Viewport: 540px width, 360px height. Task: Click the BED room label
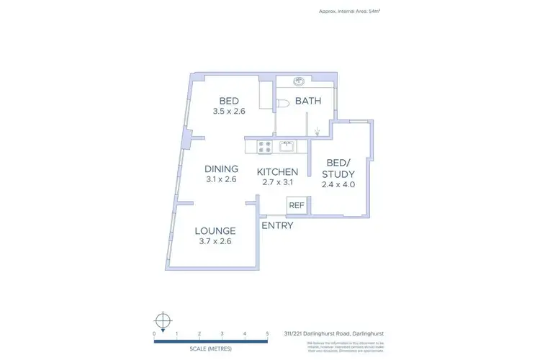coord(229,101)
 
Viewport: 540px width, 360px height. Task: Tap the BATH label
coord(308,102)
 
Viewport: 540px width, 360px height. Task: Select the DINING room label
coord(220,169)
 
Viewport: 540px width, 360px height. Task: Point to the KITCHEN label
coord(277,172)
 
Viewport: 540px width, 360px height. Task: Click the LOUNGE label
coord(215,231)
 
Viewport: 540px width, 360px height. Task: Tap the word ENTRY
coord(277,225)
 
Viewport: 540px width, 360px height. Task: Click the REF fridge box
coord(296,206)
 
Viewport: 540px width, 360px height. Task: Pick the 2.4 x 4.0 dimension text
coord(338,184)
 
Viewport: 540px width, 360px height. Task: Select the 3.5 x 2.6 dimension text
coord(229,112)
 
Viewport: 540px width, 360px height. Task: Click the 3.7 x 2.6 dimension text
coord(215,241)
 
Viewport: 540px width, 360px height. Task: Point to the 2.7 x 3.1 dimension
coord(277,183)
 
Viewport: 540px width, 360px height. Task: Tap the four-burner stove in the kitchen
coord(264,147)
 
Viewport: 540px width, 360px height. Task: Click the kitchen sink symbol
coord(287,147)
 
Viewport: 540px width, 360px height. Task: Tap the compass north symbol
coord(163,320)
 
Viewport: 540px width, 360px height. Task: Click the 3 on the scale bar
coord(222,333)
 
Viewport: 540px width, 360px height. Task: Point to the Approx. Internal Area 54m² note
coord(349,11)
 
